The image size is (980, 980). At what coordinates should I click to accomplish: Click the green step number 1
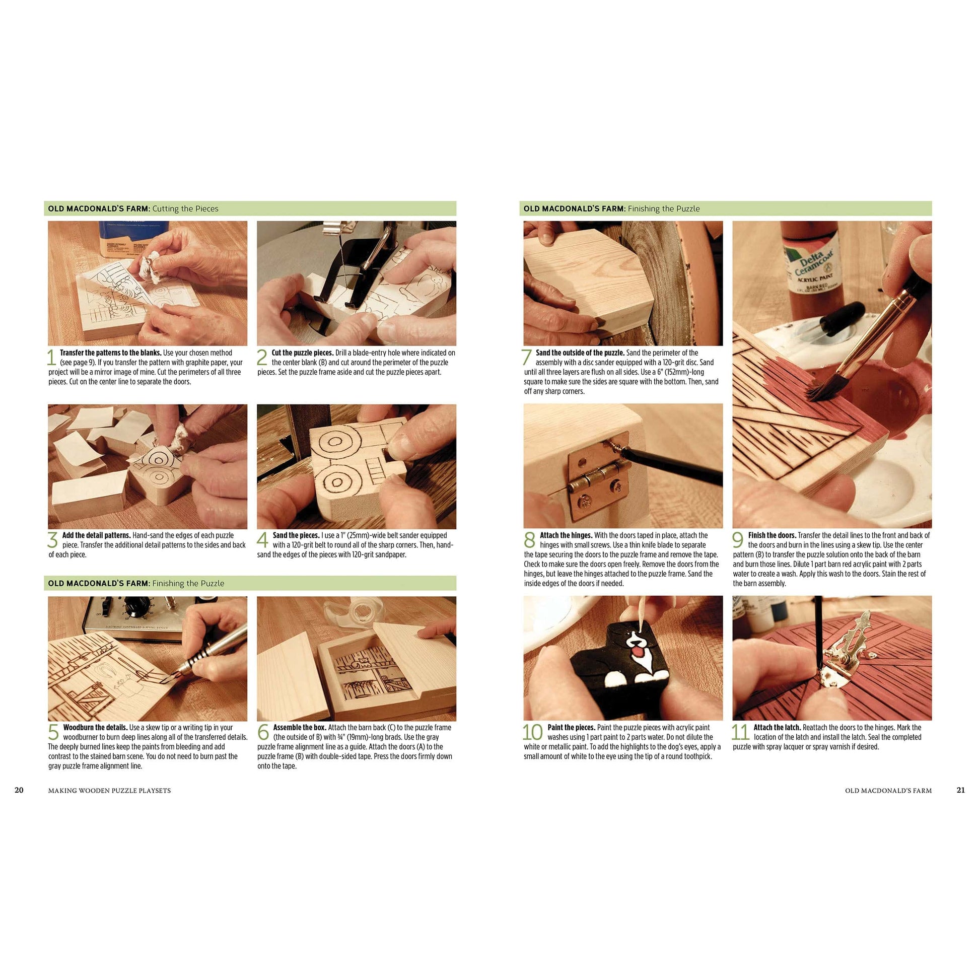[x=51, y=357]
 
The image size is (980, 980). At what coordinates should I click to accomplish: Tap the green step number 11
[x=740, y=732]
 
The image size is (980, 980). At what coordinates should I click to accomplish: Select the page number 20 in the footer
[x=19, y=790]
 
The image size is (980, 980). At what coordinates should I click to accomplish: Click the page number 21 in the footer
[x=960, y=790]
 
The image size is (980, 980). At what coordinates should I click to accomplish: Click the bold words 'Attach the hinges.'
[x=566, y=535]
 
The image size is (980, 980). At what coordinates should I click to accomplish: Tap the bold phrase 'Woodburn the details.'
[x=95, y=727]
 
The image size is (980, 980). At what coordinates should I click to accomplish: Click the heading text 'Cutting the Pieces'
[x=185, y=208]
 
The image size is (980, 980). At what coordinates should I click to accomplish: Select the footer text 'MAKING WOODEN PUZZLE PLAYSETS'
[x=110, y=790]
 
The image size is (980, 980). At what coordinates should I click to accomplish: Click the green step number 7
[x=527, y=357]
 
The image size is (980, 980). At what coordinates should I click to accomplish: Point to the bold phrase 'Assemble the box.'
[x=300, y=727]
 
